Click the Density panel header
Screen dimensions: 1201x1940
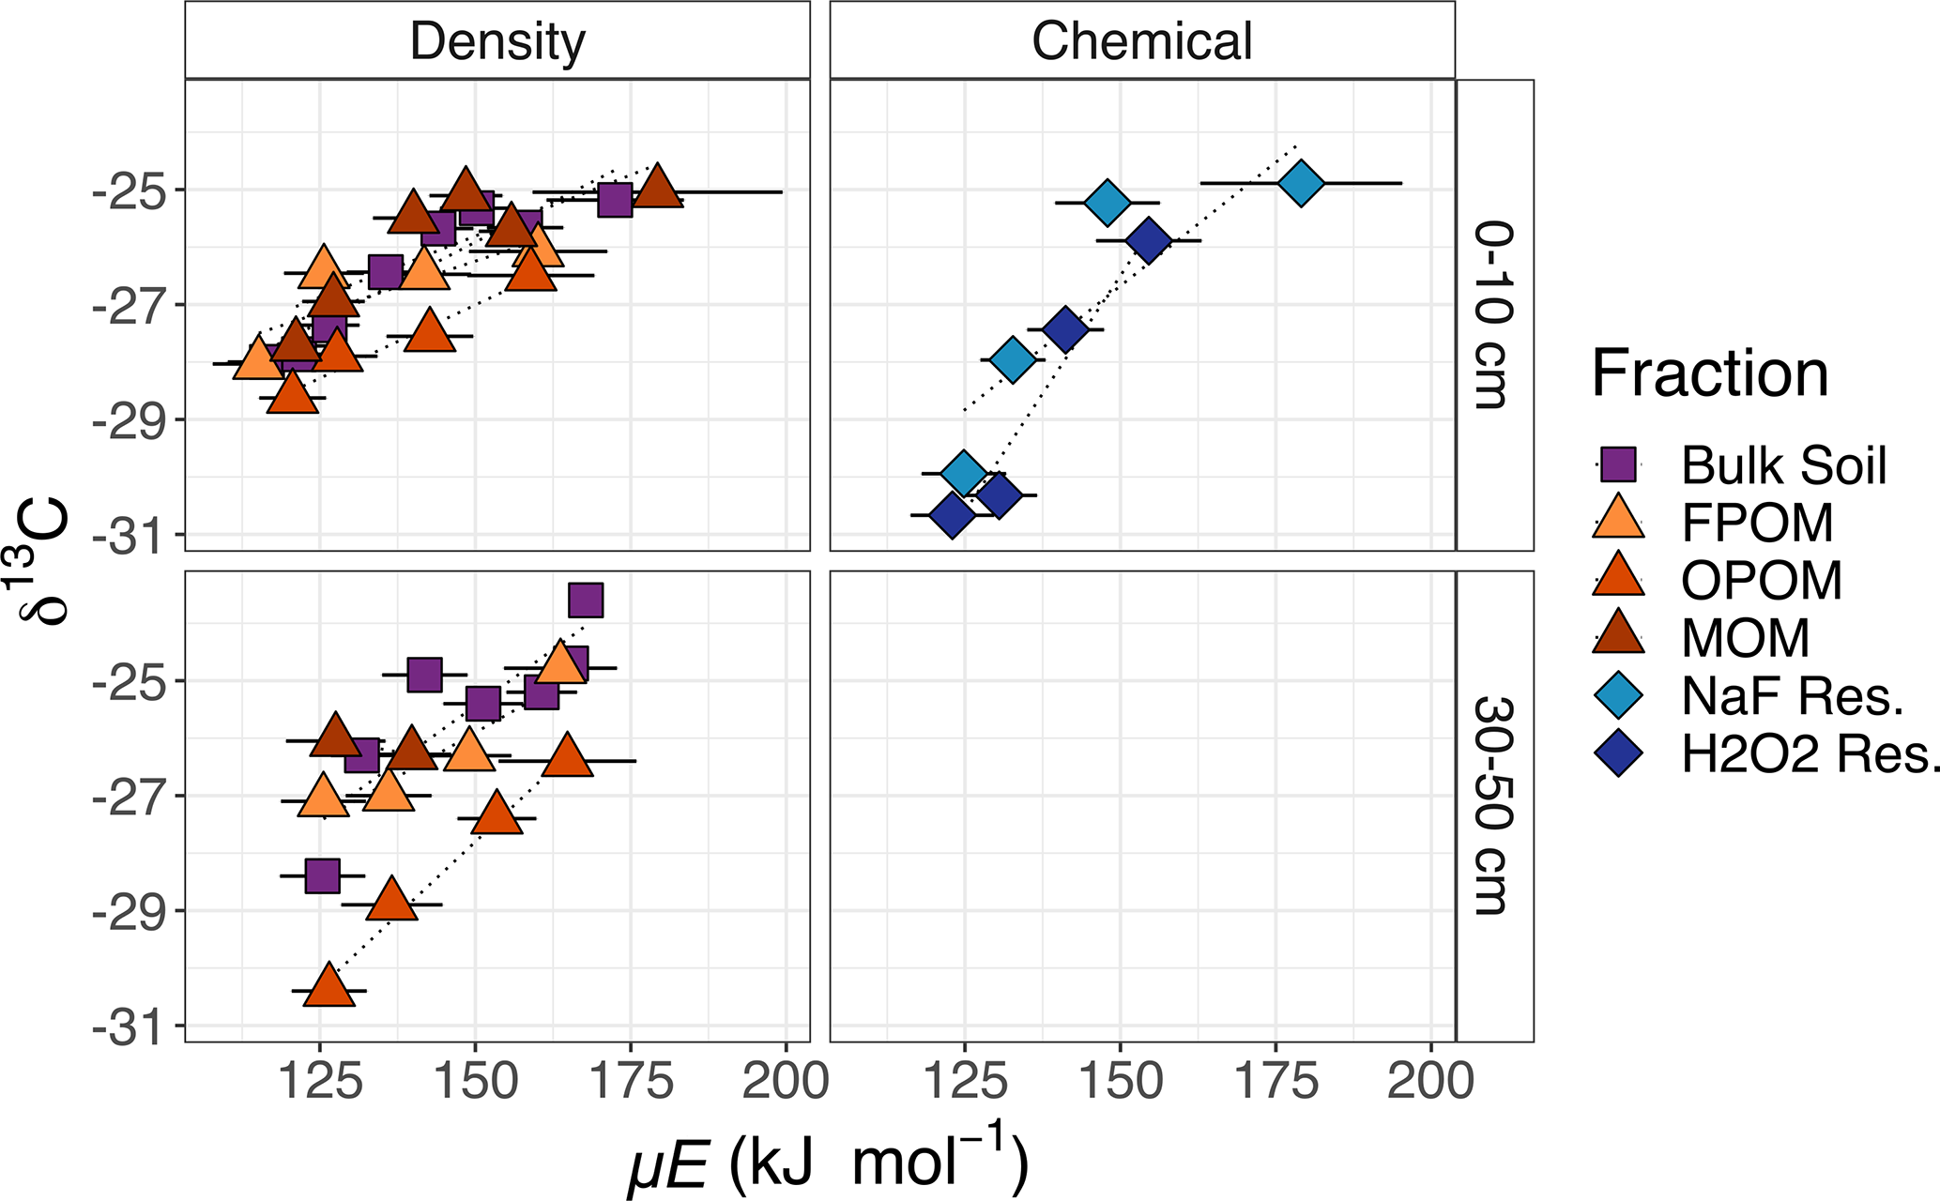pos(497,41)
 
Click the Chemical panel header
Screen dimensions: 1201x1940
pos(1142,41)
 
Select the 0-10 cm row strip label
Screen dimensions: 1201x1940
pos(1493,315)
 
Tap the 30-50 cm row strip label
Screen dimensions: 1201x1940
pos(1493,805)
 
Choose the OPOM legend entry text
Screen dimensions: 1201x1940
pos(1762,580)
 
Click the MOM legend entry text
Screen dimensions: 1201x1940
pos(1745,638)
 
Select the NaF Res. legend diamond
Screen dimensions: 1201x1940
pos(1618,695)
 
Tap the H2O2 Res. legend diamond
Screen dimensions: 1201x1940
pos(1618,753)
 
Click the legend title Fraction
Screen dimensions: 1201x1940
pos(1709,374)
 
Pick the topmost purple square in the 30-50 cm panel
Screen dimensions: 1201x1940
pos(586,600)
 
